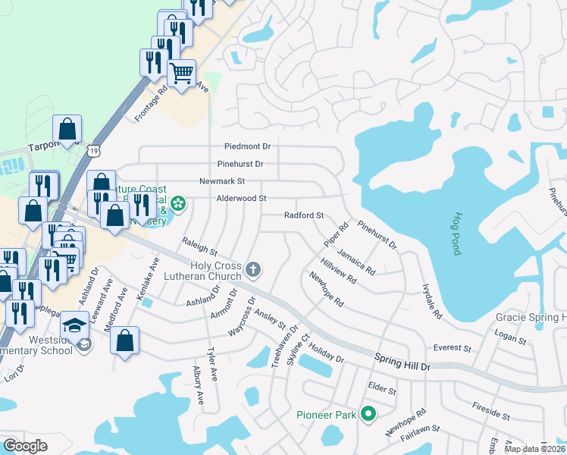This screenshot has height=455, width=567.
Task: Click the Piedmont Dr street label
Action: tap(247, 146)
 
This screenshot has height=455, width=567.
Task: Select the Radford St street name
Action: tap(304, 215)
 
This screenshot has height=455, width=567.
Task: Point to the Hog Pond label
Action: tap(457, 234)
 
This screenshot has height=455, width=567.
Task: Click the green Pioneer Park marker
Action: tap(368, 414)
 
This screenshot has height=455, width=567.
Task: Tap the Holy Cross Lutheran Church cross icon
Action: tap(254, 268)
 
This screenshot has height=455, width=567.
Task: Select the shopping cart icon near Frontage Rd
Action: tap(182, 74)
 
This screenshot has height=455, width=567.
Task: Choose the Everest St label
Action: tap(453, 348)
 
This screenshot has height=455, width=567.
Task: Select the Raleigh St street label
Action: tap(199, 245)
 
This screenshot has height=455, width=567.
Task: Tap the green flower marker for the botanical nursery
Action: tap(178, 203)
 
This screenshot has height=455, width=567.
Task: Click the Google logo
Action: tap(25, 446)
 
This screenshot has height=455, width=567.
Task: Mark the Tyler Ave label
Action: tap(213, 365)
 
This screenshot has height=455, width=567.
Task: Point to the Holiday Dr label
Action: tap(327, 354)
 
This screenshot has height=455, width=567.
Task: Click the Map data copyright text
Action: tap(535, 449)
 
